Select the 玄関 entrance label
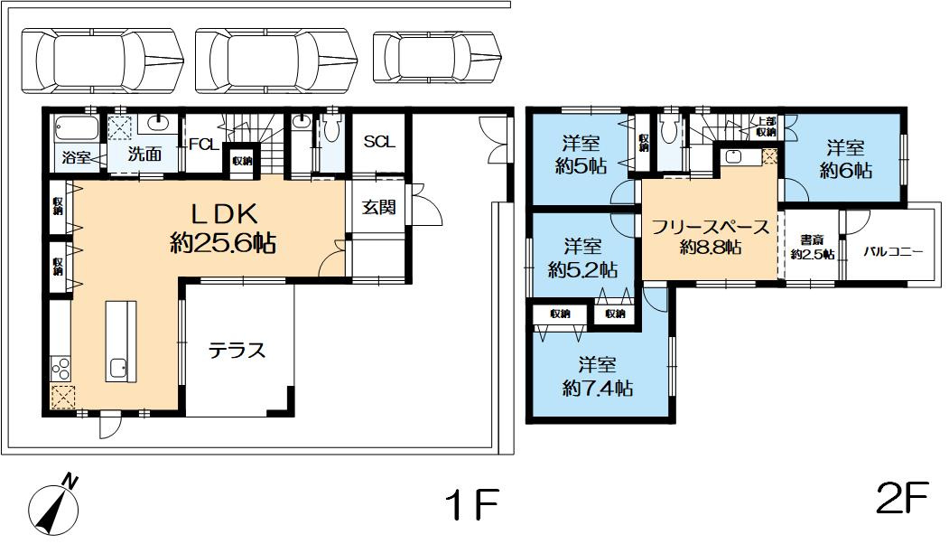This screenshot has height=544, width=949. coord(379,207)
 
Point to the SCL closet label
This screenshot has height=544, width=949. coord(379,142)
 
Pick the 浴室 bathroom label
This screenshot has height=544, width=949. coord(76,157)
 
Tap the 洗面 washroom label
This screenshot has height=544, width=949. coord(144,155)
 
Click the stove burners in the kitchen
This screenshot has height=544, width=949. coord(61,368)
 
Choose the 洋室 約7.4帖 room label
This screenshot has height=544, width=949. coord(597,377)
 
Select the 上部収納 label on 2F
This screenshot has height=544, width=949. coord(767,126)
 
